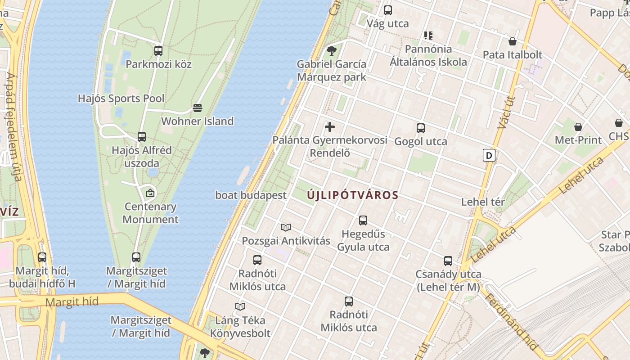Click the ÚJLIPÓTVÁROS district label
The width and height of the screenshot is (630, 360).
353,195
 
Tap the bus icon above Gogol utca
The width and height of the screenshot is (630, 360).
421,128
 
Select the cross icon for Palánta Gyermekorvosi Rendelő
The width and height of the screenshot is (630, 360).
330,127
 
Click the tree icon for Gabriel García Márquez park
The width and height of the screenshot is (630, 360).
332,51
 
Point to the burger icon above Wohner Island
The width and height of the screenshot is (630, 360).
198,108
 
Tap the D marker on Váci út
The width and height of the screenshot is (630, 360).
489,155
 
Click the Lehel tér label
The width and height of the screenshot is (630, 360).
483,202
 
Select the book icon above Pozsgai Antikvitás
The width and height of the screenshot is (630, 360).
286,227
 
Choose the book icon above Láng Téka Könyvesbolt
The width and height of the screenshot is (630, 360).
240,307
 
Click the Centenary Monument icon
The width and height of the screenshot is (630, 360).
150,193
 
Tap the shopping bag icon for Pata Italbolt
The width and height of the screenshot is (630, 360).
512,42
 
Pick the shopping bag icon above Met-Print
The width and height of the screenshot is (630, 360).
578,127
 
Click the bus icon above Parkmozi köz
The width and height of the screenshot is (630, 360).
158,51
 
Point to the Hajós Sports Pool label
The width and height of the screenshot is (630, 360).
121,98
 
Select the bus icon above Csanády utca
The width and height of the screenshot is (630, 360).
448,261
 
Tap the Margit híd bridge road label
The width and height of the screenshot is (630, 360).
72,302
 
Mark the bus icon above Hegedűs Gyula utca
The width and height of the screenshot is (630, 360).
363,220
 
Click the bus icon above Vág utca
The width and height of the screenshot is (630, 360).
388,10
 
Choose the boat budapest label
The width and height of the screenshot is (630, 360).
251,195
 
